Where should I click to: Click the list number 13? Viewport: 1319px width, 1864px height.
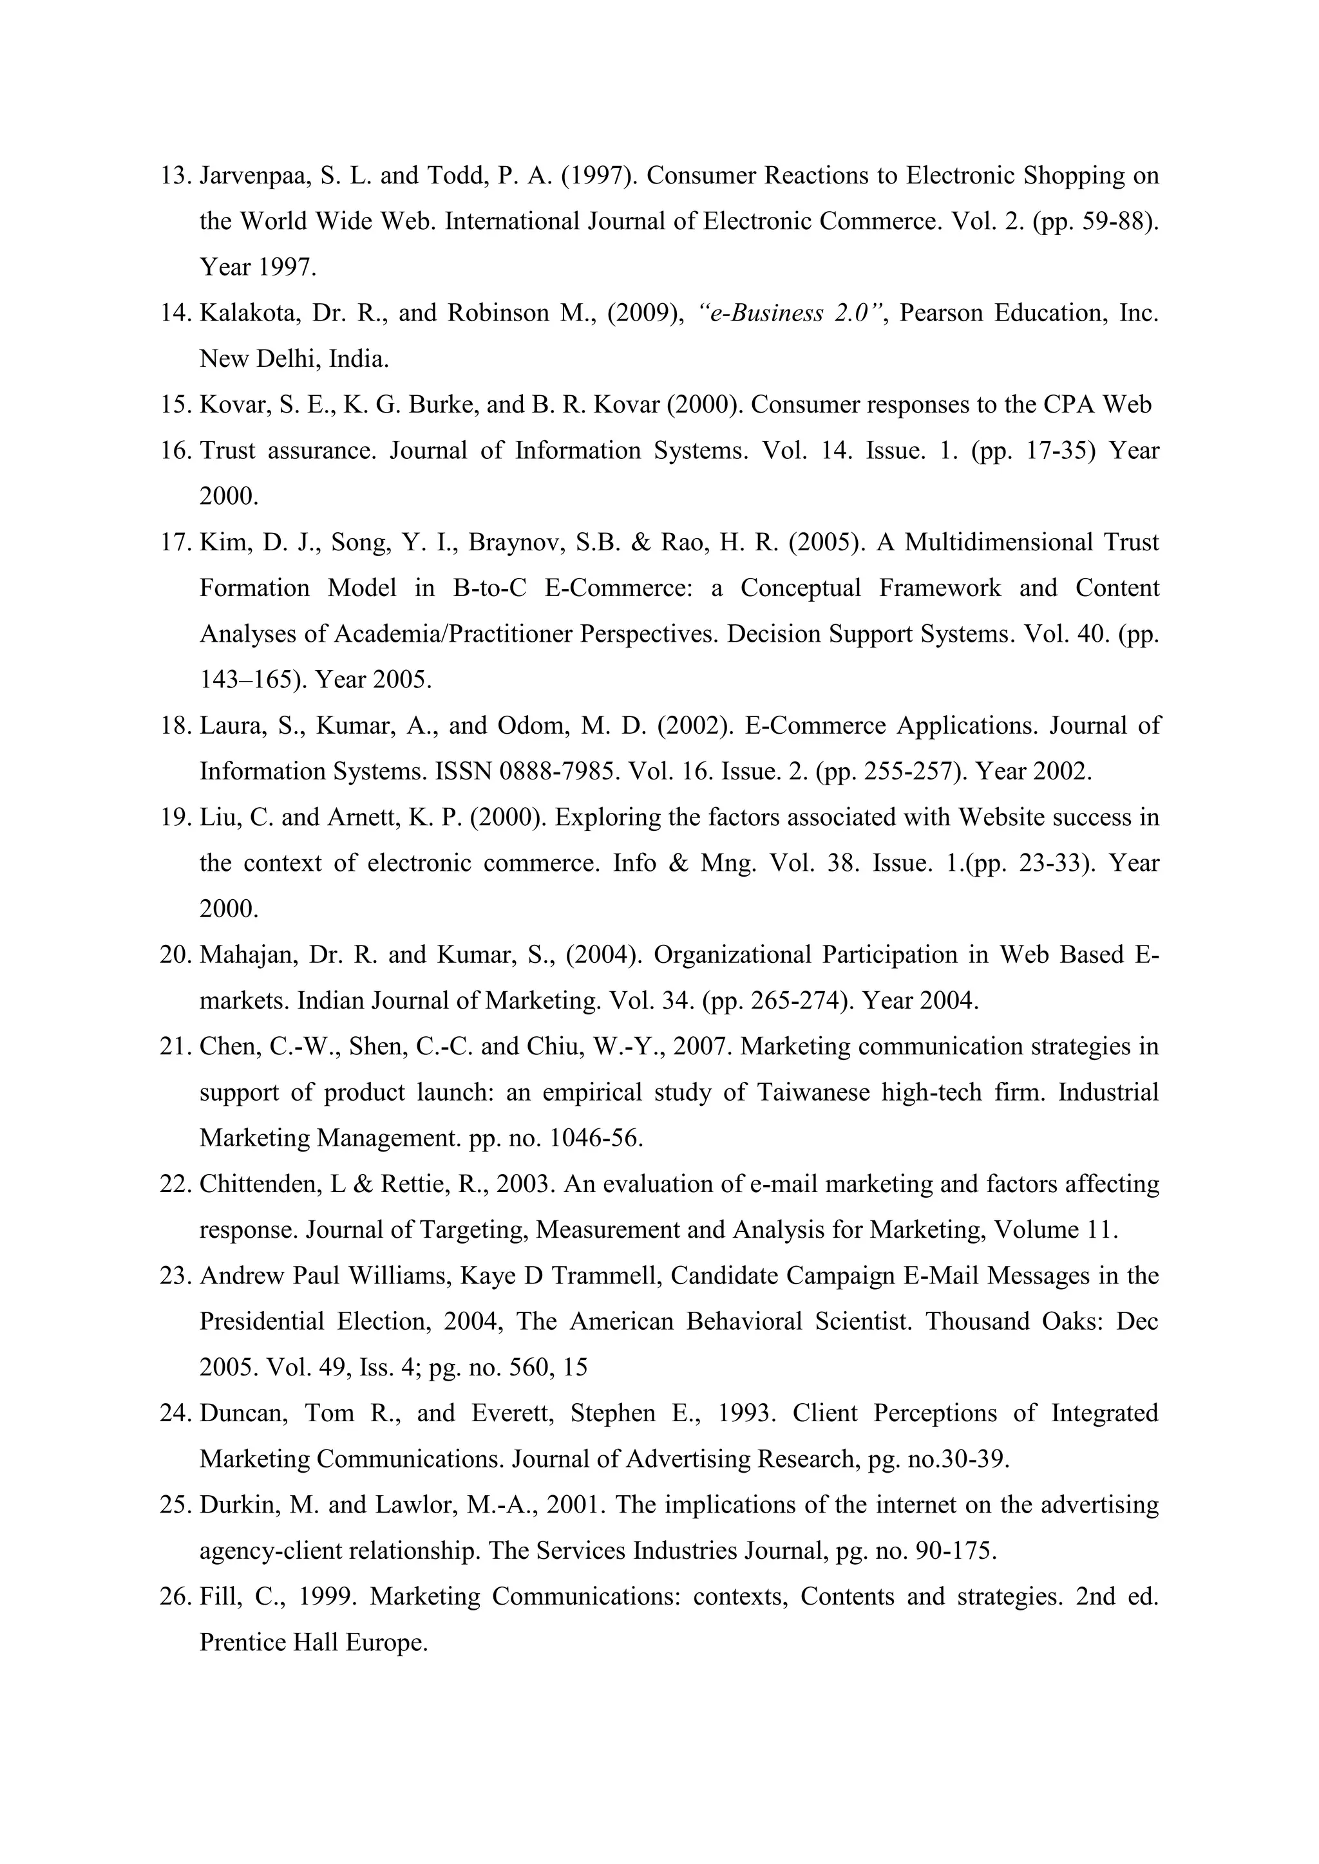(174, 176)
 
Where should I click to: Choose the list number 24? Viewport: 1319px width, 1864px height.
(174, 1413)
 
